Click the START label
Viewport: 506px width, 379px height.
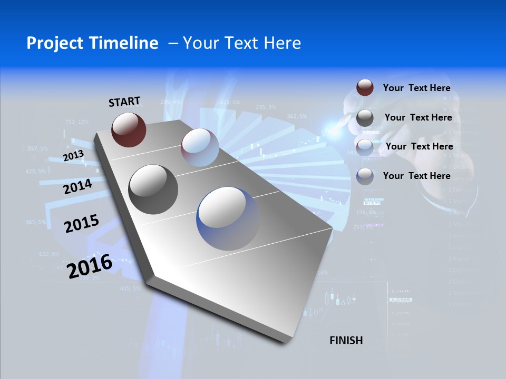click(x=124, y=102)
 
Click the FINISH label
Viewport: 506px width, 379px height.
click(x=346, y=341)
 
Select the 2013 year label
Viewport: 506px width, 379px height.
click(x=73, y=156)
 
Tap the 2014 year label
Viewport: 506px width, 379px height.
click(x=77, y=187)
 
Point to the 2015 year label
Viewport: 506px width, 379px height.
click(x=81, y=224)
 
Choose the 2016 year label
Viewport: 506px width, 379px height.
click(x=90, y=266)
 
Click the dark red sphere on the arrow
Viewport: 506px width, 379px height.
click(x=129, y=129)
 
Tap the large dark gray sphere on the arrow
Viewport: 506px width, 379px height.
click(x=153, y=189)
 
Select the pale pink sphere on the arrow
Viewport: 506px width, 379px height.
click(x=200, y=147)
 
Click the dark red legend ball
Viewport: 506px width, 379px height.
click(x=365, y=87)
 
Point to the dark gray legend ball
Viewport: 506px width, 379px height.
click(x=365, y=118)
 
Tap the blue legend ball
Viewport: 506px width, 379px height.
click(x=365, y=176)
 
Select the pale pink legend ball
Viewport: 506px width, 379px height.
click(x=365, y=147)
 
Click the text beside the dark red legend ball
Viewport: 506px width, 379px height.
click(x=416, y=88)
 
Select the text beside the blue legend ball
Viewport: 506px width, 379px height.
click(x=416, y=176)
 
